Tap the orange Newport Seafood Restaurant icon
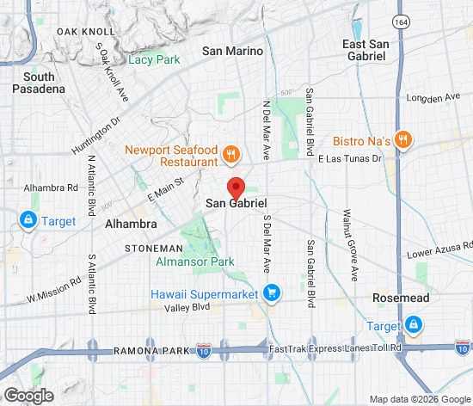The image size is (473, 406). coord(230,156)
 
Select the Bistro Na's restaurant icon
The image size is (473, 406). coord(404,140)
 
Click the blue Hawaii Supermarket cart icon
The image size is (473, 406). coord(272,294)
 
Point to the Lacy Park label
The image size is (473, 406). coord(154,59)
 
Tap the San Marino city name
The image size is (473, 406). coord(232,51)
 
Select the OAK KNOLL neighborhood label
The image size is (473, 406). coord(80,32)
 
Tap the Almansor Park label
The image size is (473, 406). coord(195,261)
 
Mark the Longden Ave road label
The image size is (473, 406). coord(434,98)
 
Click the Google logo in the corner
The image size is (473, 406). coord(28,396)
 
